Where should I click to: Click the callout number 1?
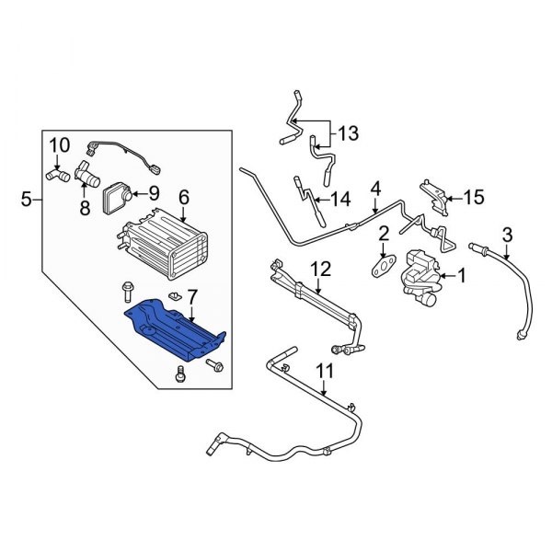(x=463, y=273)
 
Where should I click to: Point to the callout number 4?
(x=375, y=190)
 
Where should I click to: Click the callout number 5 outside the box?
(x=26, y=198)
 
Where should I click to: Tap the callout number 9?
(x=153, y=192)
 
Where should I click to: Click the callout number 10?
(x=59, y=144)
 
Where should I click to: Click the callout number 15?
(x=473, y=196)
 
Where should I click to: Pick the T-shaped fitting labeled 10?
(x=57, y=172)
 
